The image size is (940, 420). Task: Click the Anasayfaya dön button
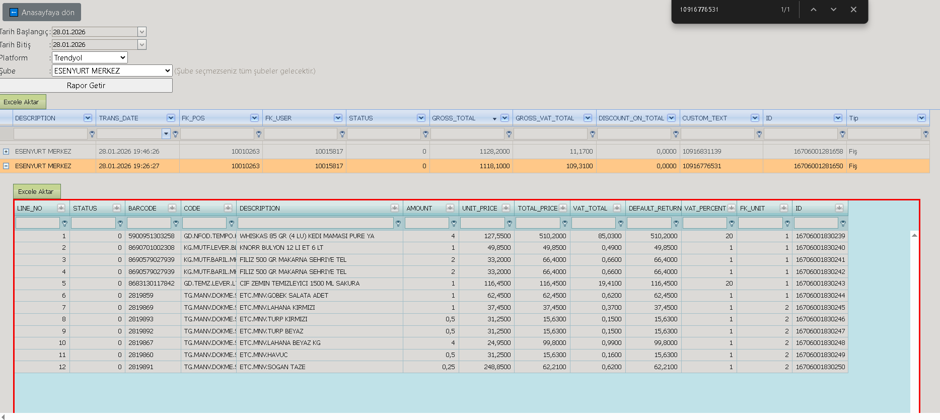click(42, 13)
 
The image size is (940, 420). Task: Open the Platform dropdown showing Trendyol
click(90, 58)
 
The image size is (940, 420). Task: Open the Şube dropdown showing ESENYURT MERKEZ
click(112, 71)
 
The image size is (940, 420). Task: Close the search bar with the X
click(853, 10)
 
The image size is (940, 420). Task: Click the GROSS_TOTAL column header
click(454, 118)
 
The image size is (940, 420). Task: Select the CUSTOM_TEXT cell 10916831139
click(702, 152)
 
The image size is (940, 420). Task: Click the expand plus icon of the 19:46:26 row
click(6, 152)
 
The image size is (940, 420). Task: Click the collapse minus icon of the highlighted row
click(6, 166)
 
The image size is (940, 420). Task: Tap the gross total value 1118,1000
click(494, 166)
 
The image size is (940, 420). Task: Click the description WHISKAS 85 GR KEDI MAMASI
click(307, 236)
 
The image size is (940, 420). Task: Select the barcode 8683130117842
click(152, 284)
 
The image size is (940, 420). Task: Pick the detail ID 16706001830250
click(821, 367)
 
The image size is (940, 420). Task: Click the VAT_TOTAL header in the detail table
click(590, 208)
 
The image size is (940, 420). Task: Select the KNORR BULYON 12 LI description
click(281, 248)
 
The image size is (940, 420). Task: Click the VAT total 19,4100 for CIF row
click(610, 284)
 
